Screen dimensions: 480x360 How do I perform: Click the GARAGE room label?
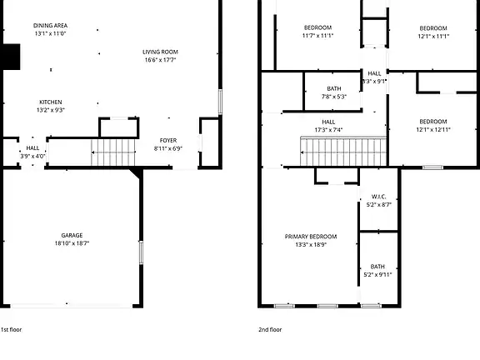point(72,235)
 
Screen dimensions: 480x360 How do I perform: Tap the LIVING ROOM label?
point(160,52)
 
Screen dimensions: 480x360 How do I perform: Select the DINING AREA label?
point(50,26)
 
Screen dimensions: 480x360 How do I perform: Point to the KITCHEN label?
point(51,102)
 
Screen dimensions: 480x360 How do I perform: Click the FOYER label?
point(168,141)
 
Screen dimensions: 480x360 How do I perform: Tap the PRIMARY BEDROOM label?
point(311,237)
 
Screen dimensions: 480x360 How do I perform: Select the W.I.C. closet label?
point(378,197)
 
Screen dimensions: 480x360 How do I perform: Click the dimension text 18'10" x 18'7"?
point(72,243)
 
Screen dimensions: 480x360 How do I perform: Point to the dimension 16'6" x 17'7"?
point(160,60)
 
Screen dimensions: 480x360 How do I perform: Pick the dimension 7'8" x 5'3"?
point(333,97)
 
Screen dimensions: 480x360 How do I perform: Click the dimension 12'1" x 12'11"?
point(433,129)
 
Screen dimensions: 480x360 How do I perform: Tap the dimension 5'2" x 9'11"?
point(377,275)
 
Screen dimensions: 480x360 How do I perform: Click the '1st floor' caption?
point(12,330)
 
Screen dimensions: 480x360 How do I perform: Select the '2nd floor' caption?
point(270,330)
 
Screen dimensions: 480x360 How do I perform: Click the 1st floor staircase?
point(113,152)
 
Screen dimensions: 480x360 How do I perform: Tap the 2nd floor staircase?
point(343,151)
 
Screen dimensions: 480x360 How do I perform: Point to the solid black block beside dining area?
point(12,57)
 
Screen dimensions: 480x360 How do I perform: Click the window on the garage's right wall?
point(141,252)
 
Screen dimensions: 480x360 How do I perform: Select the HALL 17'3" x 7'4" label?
point(328,126)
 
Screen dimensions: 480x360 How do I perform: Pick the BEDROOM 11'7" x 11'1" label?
point(317,32)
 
